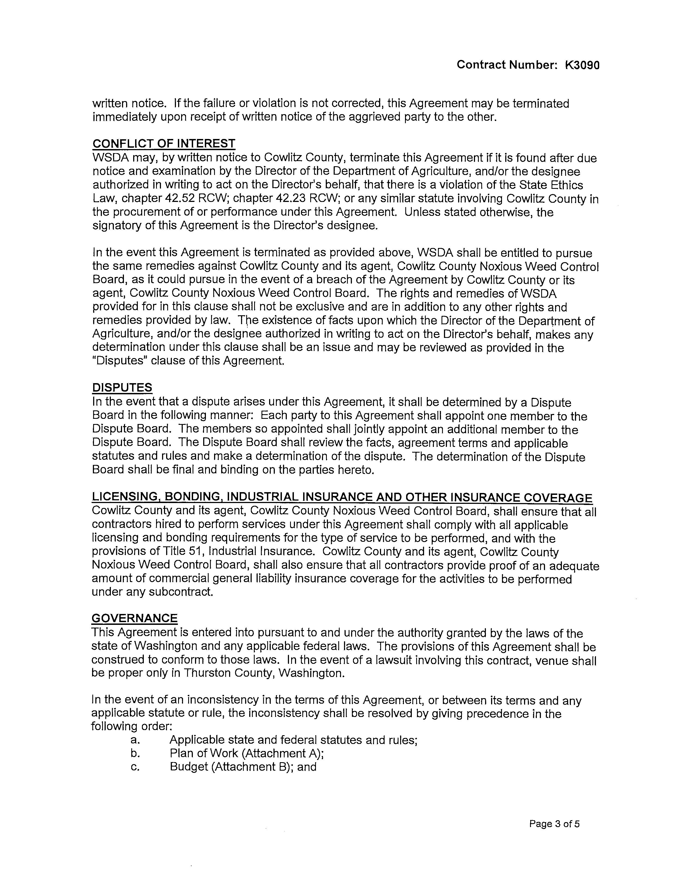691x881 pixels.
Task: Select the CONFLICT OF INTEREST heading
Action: (x=164, y=144)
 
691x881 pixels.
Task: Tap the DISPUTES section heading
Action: (x=122, y=388)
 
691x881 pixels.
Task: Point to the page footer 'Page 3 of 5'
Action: (x=554, y=824)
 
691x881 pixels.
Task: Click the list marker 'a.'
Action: (x=136, y=740)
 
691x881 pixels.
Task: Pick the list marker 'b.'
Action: (x=136, y=753)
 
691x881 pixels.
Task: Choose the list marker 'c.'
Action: (x=136, y=767)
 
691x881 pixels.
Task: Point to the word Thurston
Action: (x=209, y=673)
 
